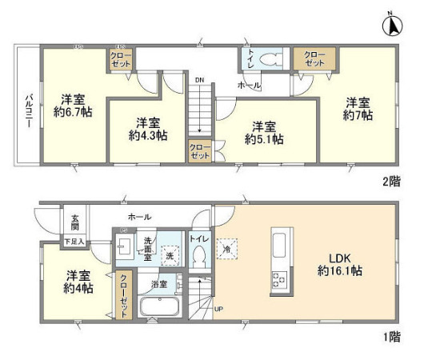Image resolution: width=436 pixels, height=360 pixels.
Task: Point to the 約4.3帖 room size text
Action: point(148,136)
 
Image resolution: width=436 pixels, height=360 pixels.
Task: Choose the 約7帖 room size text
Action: point(357,116)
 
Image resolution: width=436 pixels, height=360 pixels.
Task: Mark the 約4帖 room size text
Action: point(78,288)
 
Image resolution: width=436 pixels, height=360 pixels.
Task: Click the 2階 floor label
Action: point(391,182)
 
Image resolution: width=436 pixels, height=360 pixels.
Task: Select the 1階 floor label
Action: point(391,338)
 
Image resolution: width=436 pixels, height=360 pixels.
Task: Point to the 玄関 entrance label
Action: point(74,222)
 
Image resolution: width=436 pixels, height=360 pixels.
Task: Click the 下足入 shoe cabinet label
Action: point(74,238)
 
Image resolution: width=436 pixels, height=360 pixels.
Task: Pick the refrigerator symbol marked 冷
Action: point(227,249)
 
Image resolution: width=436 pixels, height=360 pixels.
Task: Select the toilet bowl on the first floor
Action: point(200,255)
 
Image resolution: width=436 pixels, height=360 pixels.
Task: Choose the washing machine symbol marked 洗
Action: point(169,256)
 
